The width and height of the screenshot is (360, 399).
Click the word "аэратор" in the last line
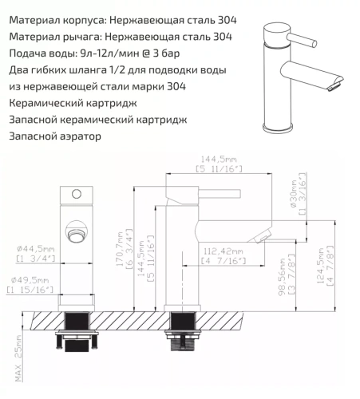point(80,137)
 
